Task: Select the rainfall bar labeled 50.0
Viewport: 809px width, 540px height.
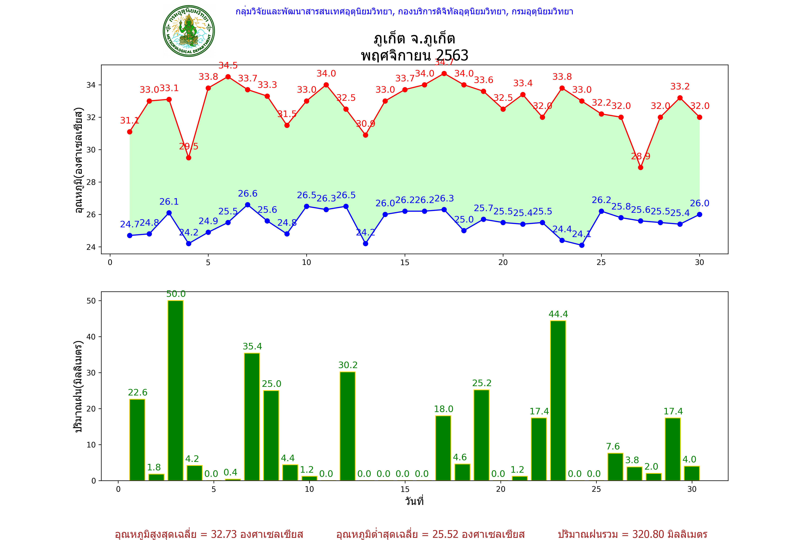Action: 175,390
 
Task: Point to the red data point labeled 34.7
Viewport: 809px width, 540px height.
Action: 444,74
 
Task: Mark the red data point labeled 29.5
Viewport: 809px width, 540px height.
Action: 188,158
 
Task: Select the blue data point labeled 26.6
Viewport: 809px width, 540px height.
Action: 248,205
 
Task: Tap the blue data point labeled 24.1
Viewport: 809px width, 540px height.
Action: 582,245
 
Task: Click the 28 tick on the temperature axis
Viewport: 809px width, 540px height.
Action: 91,182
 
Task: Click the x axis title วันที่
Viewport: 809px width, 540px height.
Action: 414,501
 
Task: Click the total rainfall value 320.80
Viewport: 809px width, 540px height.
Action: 648,534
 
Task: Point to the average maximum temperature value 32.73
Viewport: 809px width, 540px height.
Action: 224,534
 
